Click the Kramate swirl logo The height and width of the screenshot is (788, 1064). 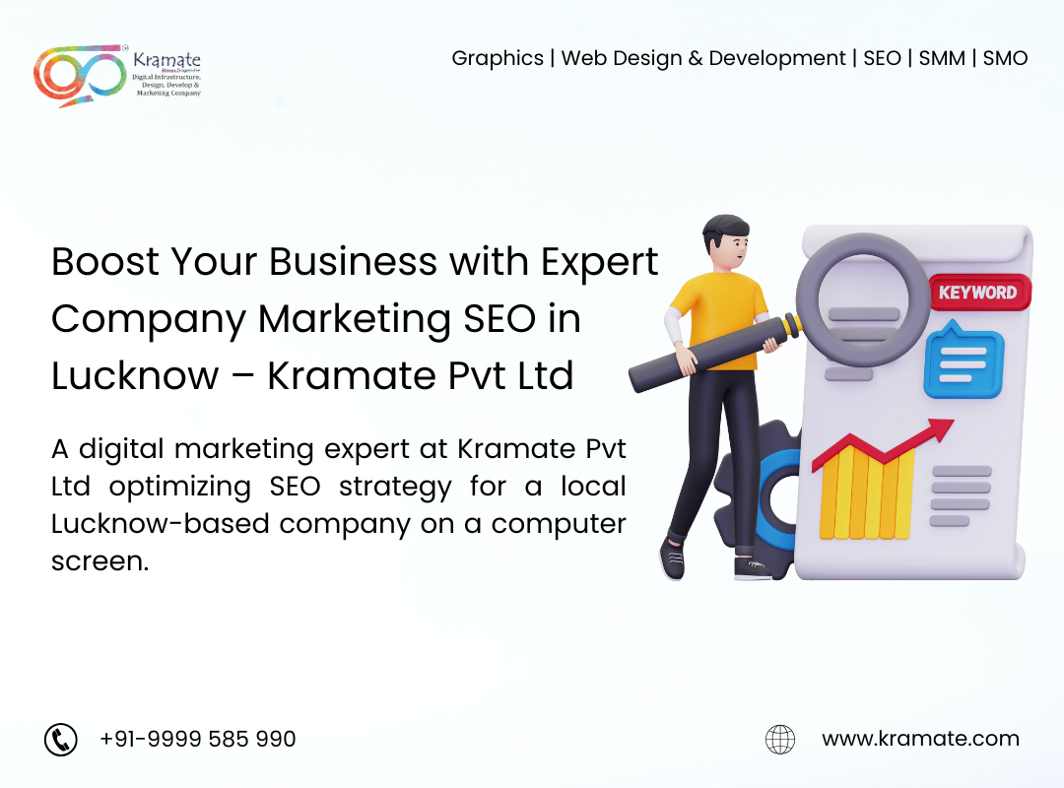(80, 75)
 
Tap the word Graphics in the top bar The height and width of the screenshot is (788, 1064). (498, 59)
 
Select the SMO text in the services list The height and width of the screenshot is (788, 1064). (1005, 58)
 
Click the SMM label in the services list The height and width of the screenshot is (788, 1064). (942, 58)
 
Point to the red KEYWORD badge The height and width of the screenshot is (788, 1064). (978, 293)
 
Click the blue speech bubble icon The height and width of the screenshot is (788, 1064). (963, 361)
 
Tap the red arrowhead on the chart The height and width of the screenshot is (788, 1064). (941, 429)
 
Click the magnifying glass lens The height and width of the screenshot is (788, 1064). (863, 300)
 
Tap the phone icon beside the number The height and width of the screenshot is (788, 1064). (61, 739)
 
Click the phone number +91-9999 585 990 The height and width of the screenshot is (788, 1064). (197, 739)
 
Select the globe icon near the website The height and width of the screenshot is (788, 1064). (780, 739)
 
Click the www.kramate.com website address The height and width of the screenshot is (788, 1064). (920, 739)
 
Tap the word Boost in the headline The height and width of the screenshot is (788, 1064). (105, 262)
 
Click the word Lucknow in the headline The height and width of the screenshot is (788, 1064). (136, 376)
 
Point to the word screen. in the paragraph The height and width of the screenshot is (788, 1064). (100, 561)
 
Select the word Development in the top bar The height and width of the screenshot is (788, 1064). (777, 59)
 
